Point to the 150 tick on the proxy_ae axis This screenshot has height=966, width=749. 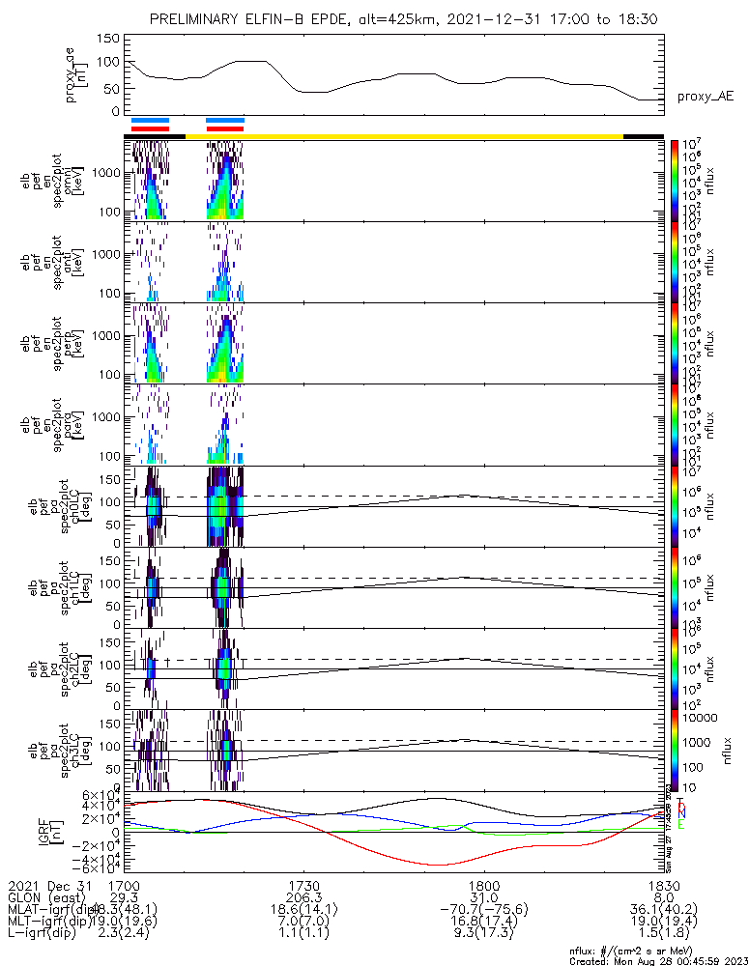109,38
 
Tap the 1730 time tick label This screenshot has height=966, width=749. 303,885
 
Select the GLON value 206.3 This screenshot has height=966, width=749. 303,897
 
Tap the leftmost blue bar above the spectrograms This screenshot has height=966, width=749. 150,121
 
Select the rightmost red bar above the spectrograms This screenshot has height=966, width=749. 224,128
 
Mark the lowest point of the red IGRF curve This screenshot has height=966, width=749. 440,865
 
